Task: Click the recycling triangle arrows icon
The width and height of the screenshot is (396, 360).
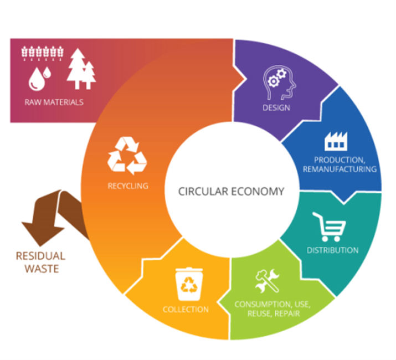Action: point(127,156)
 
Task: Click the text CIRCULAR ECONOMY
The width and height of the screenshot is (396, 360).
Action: point(231,192)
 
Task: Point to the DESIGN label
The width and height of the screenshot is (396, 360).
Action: point(277,107)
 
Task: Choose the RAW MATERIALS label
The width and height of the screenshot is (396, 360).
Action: point(54,102)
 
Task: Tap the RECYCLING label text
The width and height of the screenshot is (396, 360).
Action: point(128,186)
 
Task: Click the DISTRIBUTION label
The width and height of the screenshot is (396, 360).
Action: point(332,250)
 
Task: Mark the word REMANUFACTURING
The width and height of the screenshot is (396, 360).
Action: point(340,169)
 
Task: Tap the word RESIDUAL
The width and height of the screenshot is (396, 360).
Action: point(40,256)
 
